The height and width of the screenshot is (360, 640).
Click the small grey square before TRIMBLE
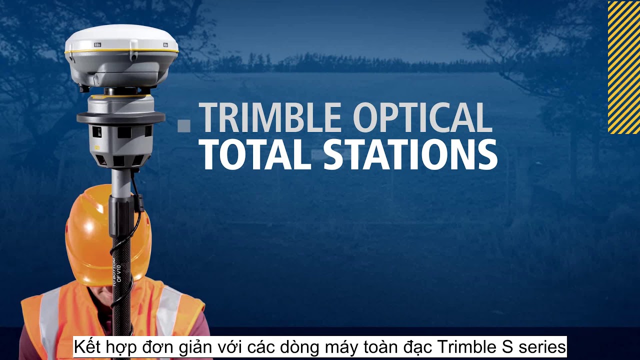point(184,125)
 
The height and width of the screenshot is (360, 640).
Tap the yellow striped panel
point(623,67)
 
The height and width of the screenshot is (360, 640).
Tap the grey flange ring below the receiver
point(120,118)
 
